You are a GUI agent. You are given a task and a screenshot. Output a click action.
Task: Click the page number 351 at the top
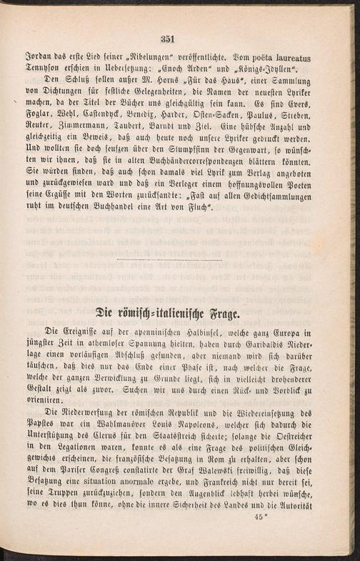pyautogui.click(x=169, y=39)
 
